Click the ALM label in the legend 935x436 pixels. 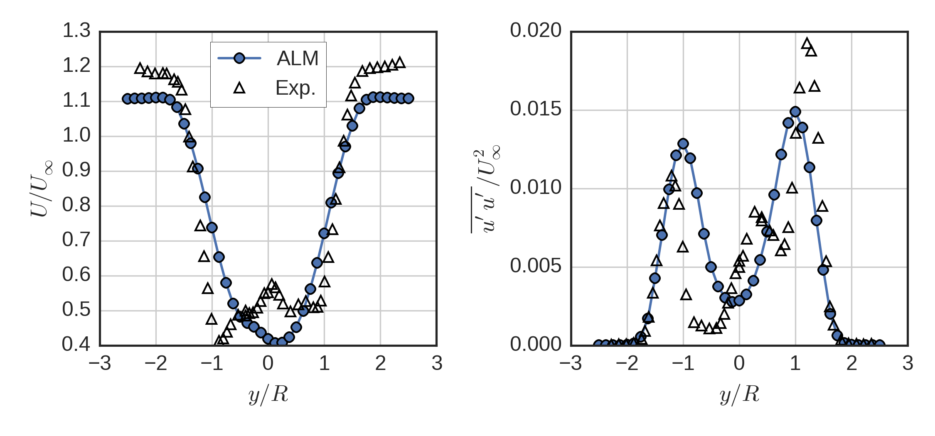[x=298, y=58]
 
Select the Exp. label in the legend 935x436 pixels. [x=295, y=88]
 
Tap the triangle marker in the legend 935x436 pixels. [x=239, y=88]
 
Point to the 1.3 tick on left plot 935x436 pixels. [x=76, y=31]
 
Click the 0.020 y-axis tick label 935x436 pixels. [x=535, y=31]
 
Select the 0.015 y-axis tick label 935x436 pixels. [x=535, y=109]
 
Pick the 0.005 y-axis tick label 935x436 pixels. [x=535, y=266]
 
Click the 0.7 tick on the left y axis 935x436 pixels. [x=76, y=240]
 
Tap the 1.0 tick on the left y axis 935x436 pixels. [x=76, y=135]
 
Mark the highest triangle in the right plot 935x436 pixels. [x=807, y=44]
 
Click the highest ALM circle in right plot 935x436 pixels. [x=795, y=112]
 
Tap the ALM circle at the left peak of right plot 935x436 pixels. [x=683, y=144]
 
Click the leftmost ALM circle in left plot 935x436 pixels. [x=127, y=99]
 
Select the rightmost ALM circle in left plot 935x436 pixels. [x=408, y=98]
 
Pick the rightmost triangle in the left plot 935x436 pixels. [x=400, y=63]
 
